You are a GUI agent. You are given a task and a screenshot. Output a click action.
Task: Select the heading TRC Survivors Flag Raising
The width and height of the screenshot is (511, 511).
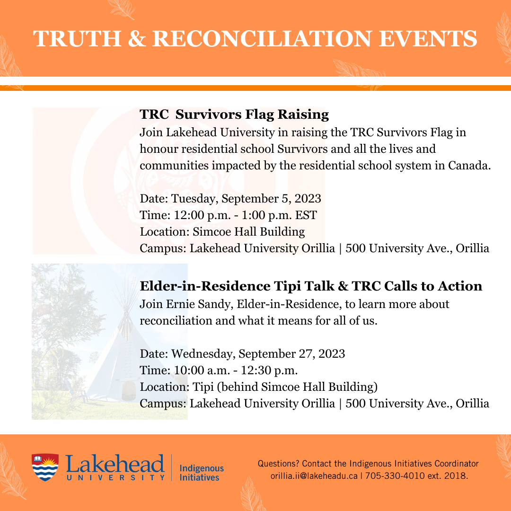pyautogui.click(x=234, y=114)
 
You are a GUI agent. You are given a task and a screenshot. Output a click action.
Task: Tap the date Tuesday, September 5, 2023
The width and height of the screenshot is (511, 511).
pyautogui.click(x=246, y=198)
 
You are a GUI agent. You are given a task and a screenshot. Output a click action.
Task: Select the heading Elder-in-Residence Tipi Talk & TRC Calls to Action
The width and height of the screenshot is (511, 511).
pyautogui.click(x=311, y=286)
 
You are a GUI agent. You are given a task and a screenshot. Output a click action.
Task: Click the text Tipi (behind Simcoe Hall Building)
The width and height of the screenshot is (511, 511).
pyautogui.click(x=285, y=387)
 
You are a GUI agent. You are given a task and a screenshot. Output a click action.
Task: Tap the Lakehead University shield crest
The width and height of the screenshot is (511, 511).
pyautogui.click(x=45, y=467)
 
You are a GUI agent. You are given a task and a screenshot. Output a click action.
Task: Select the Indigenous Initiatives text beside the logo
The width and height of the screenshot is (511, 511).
pyautogui.click(x=202, y=472)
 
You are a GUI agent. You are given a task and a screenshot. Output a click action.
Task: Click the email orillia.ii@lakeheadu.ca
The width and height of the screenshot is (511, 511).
pyautogui.click(x=314, y=476)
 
